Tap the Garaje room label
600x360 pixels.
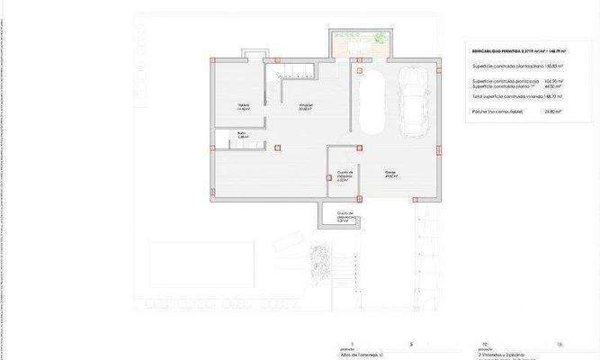click(x=390, y=173)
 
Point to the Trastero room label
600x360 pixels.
click(x=243, y=107)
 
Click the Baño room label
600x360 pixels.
click(x=242, y=135)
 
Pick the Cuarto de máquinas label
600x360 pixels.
click(x=343, y=175)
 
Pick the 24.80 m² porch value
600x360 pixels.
click(x=552, y=112)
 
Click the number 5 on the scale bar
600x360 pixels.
click(x=411, y=345)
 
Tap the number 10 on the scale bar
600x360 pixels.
click(x=485, y=345)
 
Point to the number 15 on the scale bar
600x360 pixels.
click(x=559, y=345)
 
